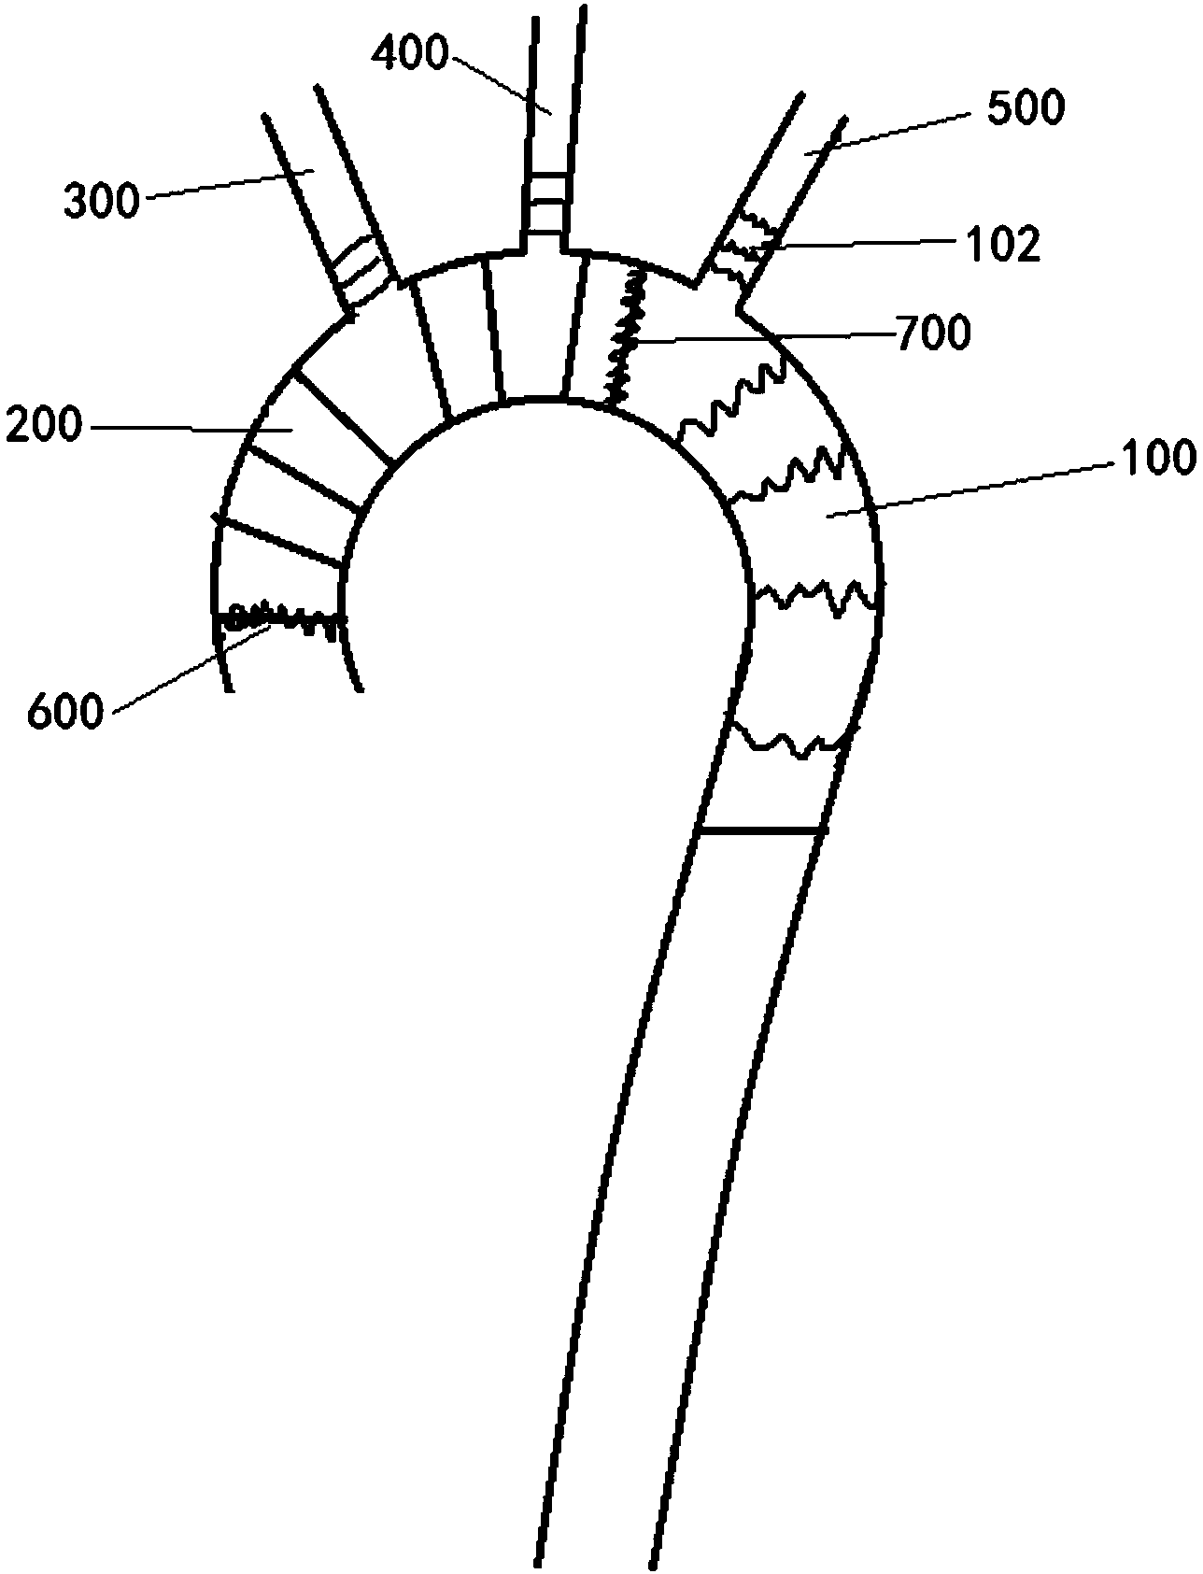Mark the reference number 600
tap(64, 713)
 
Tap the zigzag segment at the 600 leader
tap(280, 617)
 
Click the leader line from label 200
tap(187, 429)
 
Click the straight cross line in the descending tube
tap(761, 830)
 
